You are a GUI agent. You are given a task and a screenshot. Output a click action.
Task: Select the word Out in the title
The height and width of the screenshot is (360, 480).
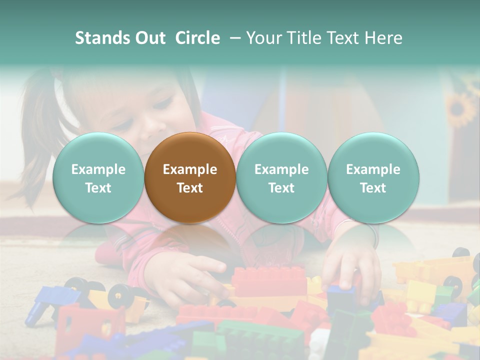pos(149,38)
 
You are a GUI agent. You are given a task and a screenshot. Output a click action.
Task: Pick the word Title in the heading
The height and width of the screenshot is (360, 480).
pos(306,38)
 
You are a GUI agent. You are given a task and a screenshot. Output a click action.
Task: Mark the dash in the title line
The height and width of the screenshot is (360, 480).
pos(233,38)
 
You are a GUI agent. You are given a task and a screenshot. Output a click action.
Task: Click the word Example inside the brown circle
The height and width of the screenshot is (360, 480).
pos(190,169)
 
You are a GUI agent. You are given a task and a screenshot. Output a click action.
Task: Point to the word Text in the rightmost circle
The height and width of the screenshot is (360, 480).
pos(373,188)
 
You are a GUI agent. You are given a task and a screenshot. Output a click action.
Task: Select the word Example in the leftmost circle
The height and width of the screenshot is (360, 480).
pos(98,169)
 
